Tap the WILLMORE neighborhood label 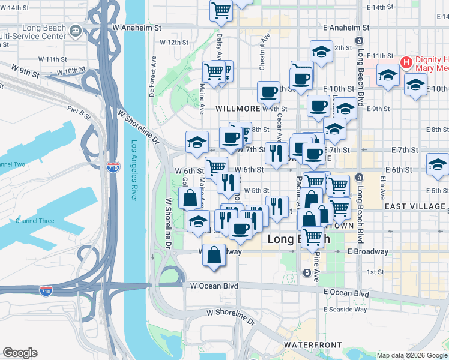tap(238, 109)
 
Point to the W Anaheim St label tap(137, 28)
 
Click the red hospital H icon tap(406, 62)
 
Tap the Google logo tap(20, 353)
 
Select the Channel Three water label tap(34, 221)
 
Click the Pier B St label tap(79, 110)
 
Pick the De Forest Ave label tap(152, 77)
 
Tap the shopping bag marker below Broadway tap(214, 256)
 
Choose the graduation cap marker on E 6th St tap(438, 164)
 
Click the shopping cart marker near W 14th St tap(221, 10)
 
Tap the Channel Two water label tap(12, 164)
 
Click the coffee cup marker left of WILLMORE tap(268, 92)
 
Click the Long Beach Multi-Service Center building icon tap(76, 31)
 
